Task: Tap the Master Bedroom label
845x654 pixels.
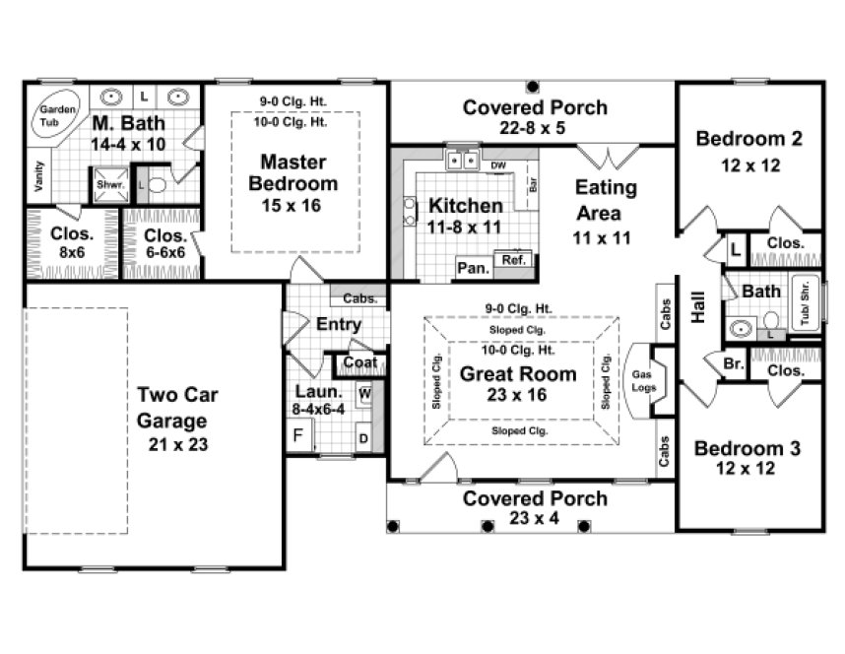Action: click(292, 171)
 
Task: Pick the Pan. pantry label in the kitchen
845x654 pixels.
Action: click(470, 267)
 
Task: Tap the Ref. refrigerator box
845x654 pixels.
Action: click(513, 261)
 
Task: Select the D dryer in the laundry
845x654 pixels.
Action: click(363, 436)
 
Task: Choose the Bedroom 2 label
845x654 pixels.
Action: click(748, 138)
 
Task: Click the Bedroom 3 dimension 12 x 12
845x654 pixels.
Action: click(748, 469)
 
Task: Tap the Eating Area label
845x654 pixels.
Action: click(606, 200)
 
